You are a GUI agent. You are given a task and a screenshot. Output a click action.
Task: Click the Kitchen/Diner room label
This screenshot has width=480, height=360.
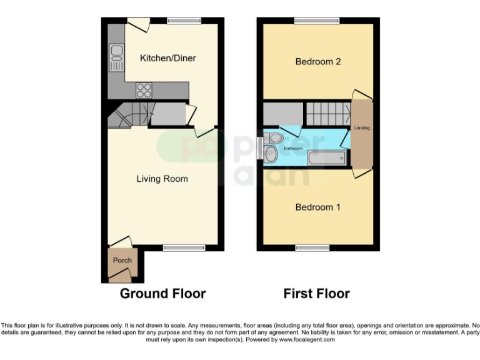click(x=167, y=58)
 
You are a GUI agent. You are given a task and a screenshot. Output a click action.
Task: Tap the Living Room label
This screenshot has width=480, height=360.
click(x=162, y=179)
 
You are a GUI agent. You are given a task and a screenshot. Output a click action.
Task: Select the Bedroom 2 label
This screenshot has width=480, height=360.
click(x=317, y=62)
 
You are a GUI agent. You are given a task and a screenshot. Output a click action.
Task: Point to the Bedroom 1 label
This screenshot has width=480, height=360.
click(x=317, y=207)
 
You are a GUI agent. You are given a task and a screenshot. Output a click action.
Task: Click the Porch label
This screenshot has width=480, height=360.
click(x=122, y=261)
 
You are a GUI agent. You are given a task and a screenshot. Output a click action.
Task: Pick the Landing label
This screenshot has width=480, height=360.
click(x=362, y=128)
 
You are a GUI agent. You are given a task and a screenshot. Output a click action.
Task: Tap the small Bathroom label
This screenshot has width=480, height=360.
click(x=294, y=149)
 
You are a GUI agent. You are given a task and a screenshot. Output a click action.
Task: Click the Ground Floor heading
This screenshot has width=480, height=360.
click(x=162, y=293)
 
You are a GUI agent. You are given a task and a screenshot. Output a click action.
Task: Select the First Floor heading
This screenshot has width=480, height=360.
click(x=316, y=293)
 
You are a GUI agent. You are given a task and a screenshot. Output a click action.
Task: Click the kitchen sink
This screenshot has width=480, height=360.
click(x=116, y=57)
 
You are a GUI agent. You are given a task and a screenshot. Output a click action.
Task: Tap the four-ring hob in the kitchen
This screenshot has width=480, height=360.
click(x=144, y=90)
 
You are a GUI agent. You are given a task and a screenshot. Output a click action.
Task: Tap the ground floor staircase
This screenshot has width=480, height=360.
click(x=129, y=115)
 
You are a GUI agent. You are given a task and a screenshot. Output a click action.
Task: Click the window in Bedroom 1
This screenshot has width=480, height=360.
click(x=312, y=248)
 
